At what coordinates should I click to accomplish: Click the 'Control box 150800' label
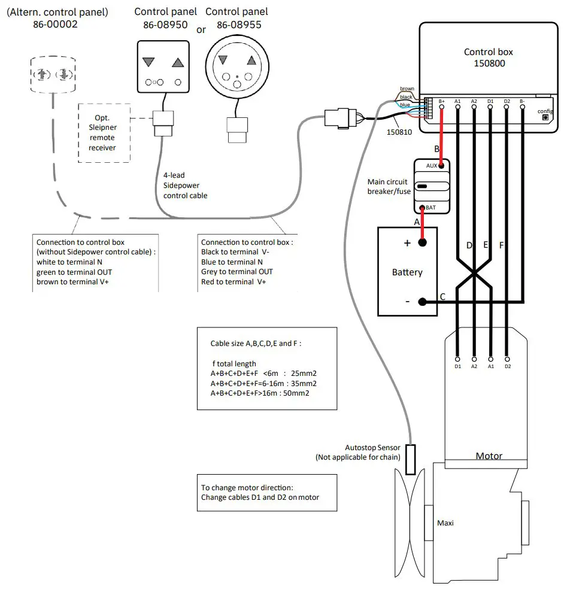488,57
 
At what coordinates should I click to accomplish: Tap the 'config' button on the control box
545,118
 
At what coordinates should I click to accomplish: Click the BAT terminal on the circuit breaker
431,207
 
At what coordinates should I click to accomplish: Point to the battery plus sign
407,243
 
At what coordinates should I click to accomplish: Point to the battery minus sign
407,302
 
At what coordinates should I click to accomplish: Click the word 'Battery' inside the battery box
407,272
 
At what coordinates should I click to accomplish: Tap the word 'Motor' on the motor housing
489,456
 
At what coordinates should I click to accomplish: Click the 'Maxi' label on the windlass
445,523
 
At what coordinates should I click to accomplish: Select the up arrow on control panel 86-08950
177,62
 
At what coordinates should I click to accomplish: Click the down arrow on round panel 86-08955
223,60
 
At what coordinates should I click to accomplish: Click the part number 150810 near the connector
399,132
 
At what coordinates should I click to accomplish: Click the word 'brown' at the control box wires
407,89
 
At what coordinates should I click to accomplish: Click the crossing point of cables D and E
474,272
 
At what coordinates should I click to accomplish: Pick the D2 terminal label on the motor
507,366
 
